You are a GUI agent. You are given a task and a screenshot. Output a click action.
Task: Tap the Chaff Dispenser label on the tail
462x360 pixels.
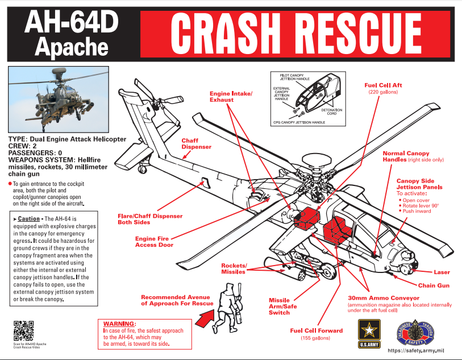[196, 143]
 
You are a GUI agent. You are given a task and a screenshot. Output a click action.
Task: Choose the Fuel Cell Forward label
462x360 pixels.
[317, 330]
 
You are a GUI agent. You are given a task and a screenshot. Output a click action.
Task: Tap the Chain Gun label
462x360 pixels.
[434, 285]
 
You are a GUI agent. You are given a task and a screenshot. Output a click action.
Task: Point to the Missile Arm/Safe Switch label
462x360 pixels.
[279, 306]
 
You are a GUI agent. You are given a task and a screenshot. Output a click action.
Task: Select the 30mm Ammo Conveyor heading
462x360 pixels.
[383, 298]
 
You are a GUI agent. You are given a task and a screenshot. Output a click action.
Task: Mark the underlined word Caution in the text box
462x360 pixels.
[28, 218]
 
